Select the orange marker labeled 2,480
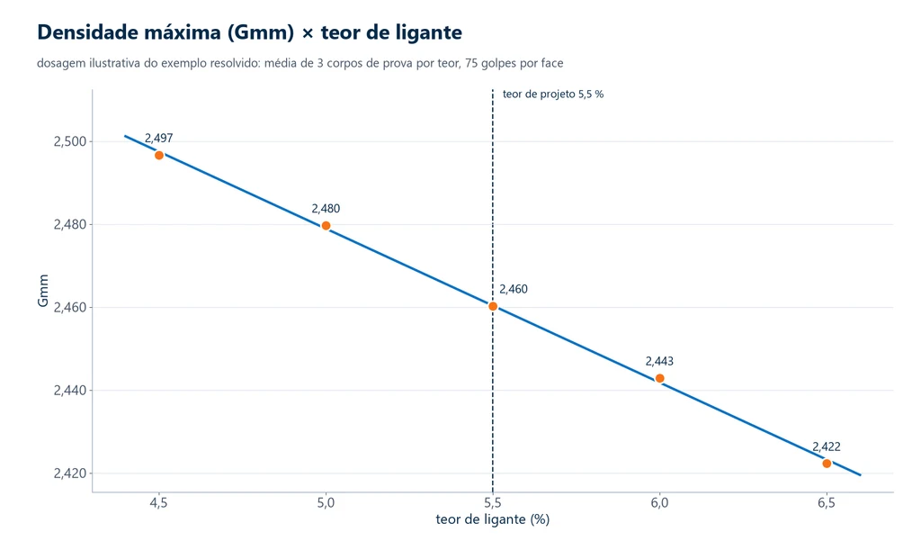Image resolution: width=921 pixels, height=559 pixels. click(x=326, y=226)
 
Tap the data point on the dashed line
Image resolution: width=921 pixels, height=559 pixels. click(x=493, y=306)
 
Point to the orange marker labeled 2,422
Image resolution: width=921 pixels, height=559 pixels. click(x=827, y=464)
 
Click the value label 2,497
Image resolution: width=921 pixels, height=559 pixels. click(x=158, y=138)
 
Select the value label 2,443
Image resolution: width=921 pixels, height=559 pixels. click(x=659, y=361)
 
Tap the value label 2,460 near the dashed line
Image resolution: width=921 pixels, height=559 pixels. click(x=514, y=289)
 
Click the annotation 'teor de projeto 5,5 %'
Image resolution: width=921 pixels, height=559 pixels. click(x=553, y=94)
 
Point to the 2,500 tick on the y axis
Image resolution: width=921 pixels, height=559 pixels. click(x=70, y=141)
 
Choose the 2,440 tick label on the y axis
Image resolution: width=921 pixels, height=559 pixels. click(x=70, y=391)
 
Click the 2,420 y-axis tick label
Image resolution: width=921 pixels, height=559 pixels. click(x=70, y=473)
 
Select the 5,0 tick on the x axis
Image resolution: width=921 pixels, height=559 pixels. click(x=326, y=503)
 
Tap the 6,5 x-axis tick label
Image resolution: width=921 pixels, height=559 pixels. click(x=827, y=503)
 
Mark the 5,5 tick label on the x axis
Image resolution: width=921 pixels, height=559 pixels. click(x=493, y=503)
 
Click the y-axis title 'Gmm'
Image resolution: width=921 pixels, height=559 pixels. click(x=43, y=291)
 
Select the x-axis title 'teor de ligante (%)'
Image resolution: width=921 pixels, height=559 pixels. click(x=493, y=519)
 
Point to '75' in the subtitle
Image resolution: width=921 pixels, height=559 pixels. click(x=471, y=63)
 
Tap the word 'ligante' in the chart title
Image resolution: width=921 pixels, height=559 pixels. click(x=427, y=33)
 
